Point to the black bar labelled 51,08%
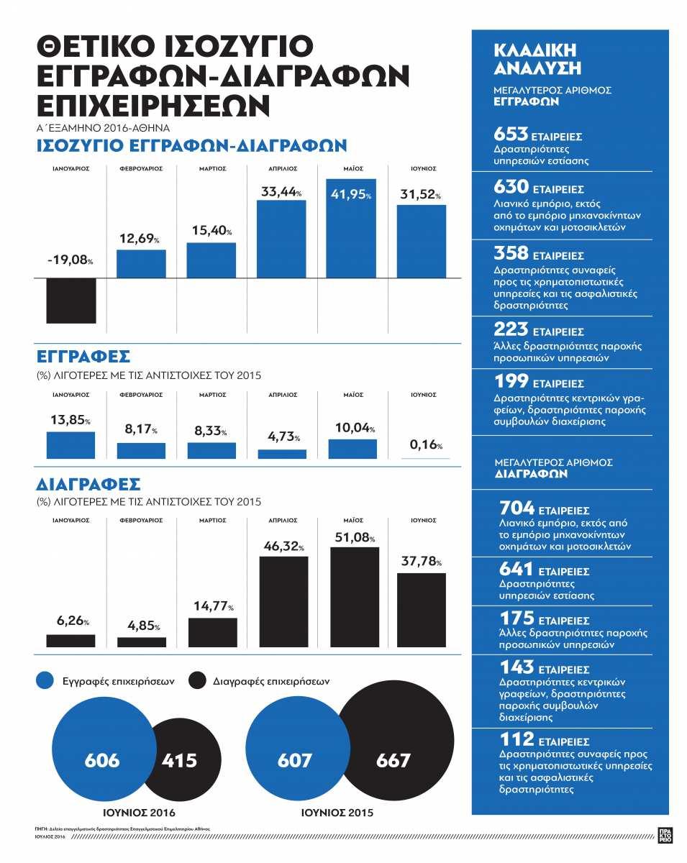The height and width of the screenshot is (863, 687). point(354,597)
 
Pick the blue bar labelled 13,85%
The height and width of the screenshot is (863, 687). point(70,445)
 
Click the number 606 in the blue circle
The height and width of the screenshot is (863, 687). point(102,760)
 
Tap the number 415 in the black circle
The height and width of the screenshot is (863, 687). point(179,760)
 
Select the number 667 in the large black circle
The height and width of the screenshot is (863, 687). point(393,760)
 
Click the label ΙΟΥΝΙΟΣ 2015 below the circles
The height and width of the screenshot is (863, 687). point(336,813)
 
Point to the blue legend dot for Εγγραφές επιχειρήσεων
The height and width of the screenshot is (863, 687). point(45,680)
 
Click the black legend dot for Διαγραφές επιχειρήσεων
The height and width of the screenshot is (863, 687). point(198,680)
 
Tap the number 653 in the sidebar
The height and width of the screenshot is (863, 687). point(511,134)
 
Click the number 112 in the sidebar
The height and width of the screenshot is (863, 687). point(517,739)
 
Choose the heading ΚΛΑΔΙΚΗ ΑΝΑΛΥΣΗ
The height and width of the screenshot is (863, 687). point(537,59)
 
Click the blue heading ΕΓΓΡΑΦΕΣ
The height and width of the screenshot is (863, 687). point(83,357)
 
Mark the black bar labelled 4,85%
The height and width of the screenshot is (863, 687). point(142,641)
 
